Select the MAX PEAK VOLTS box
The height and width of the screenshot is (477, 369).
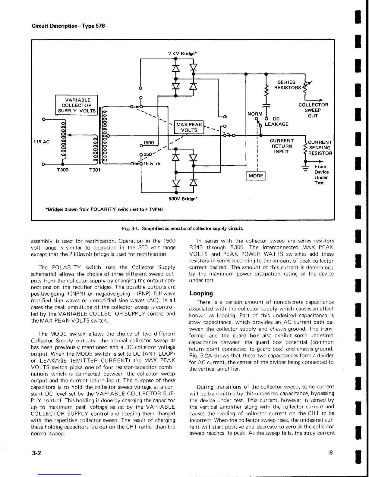187,127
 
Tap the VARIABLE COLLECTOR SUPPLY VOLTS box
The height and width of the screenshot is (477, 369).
77,105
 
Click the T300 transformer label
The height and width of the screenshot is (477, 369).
63,170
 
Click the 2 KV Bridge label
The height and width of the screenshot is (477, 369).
182,54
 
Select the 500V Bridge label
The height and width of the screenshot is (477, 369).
182,199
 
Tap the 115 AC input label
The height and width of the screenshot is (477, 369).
41,142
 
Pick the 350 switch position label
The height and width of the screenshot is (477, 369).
148,154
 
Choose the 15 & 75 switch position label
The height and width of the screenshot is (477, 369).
152,164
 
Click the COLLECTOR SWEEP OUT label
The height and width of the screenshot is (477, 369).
313,110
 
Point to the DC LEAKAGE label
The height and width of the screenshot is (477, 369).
276,122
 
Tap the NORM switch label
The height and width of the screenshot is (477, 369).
255,114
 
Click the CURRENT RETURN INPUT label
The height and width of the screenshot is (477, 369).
282,146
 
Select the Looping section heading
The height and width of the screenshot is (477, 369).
201,293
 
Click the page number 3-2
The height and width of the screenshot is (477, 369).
36,453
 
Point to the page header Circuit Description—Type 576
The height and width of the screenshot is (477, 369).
68,26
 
